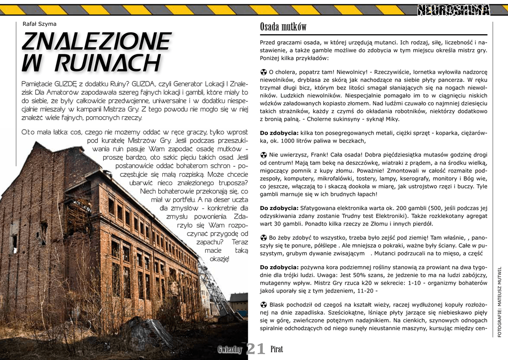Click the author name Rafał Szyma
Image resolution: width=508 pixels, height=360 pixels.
pos(40,24)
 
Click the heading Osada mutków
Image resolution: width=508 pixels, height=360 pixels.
pos(283,27)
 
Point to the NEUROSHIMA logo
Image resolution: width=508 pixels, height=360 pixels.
pos(453,9)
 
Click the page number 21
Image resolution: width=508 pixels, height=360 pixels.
pos(255,349)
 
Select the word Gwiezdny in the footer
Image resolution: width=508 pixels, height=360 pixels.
pos(230,350)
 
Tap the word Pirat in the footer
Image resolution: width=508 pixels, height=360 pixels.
pos(277,350)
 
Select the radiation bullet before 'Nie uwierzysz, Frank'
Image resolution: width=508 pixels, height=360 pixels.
pos(263,155)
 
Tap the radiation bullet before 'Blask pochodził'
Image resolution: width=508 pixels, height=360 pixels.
pos(263,304)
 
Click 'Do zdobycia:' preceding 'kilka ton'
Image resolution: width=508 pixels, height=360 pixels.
pos(279,133)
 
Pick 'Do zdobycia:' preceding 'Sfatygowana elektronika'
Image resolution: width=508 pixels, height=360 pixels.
pos(279,208)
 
